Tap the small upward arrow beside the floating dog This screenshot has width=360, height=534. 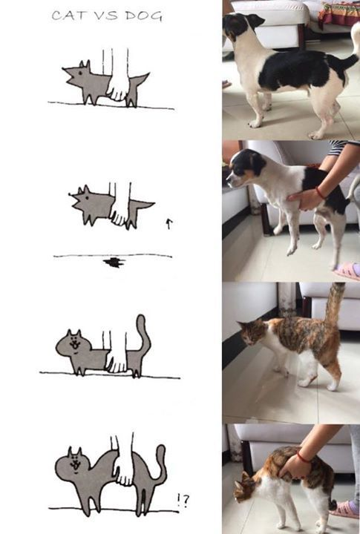click(168, 223)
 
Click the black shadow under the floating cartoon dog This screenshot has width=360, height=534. click(114, 262)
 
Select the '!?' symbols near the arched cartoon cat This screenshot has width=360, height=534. click(183, 501)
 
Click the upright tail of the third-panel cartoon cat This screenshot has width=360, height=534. click(141, 332)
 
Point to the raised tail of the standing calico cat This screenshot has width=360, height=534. click(334, 304)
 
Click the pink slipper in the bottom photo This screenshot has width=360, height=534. click(345, 510)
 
